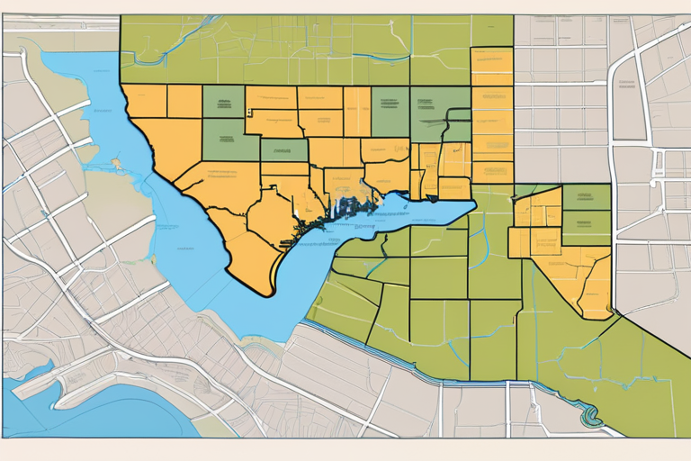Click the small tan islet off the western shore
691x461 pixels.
116,165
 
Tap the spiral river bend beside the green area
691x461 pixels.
590,416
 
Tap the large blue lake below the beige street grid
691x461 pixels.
99,410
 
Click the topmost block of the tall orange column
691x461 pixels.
492,63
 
